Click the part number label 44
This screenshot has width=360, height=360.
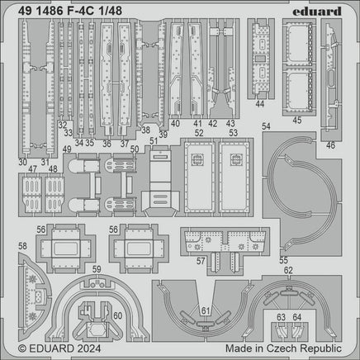pyautogui.click(x=260, y=104)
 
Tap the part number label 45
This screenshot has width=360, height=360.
pyautogui.click(x=295, y=119)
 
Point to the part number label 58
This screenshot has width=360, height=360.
pyautogui.click(x=22, y=246)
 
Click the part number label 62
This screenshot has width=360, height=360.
pyautogui.click(x=287, y=270)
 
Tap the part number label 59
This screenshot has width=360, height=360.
pyautogui.click(x=96, y=268)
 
